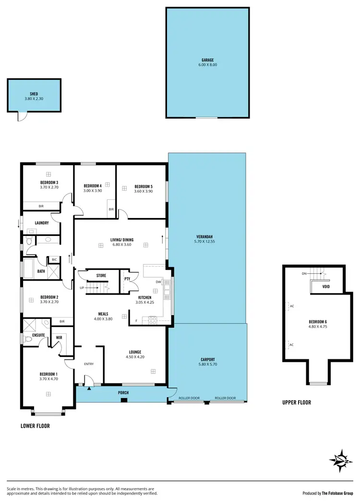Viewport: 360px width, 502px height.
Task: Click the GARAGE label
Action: [x=207, y=60]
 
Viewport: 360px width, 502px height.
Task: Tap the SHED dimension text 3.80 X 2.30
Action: [x=34, y=99]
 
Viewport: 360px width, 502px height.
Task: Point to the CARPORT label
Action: [x=207, y=359]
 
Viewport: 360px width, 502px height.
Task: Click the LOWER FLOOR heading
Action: [x=35, y=426]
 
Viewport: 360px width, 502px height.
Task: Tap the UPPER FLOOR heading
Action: [x=297, y=403]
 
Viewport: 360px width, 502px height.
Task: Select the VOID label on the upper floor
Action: [x=326, y=288]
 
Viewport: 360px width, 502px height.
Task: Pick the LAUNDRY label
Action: [x=41, y=223]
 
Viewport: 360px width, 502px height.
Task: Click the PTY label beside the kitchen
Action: [x=127, y=279]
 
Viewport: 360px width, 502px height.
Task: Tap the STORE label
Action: [x=101, y=276]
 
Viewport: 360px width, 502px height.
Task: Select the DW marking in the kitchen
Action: [x=158, y=282]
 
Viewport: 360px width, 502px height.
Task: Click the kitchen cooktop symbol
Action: [x=153, y=319]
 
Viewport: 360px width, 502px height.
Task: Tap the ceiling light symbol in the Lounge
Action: [x=153, y=370]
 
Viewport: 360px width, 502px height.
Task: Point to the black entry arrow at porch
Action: [x=89, y=388]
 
